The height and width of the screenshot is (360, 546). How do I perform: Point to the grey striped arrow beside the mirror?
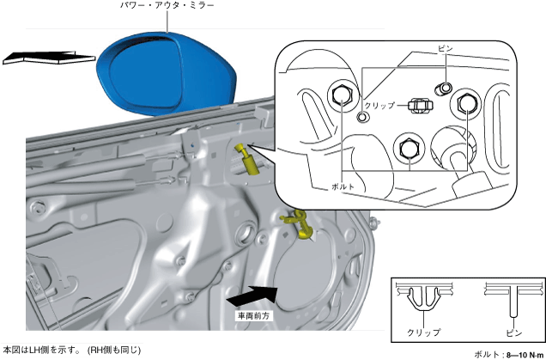pos(47,58)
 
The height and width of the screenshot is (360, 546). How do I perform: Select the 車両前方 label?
pos(254,316)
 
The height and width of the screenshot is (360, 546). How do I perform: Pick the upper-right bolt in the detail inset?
pos(466,104)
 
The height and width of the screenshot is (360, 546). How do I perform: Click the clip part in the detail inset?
pos(418,105)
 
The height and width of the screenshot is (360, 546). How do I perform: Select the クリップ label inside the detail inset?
pos(379,106)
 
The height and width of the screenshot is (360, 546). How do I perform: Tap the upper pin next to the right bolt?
pos(446,88)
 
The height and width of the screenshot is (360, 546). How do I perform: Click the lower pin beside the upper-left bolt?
pos(363,116)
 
